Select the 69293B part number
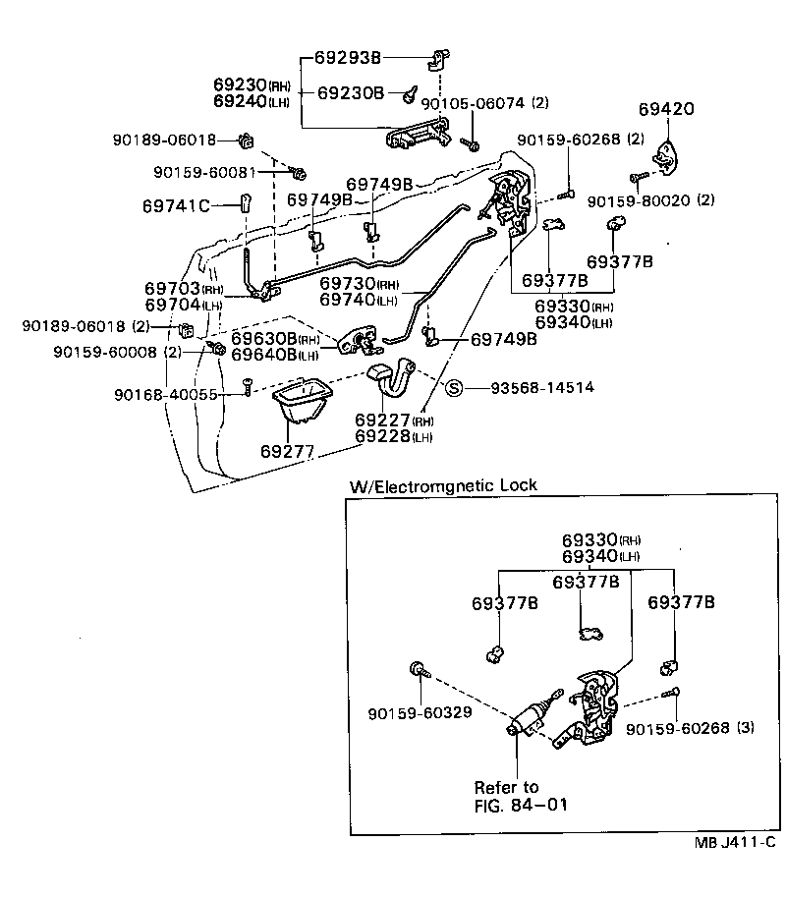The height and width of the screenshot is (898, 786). coord(347,58)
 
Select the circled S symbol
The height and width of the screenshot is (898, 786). coord(454,388)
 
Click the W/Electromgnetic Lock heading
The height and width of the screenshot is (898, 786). coord(443,485)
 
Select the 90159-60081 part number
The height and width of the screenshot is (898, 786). coord(204,172)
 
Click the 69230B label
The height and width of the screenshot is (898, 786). coord(351,93)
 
